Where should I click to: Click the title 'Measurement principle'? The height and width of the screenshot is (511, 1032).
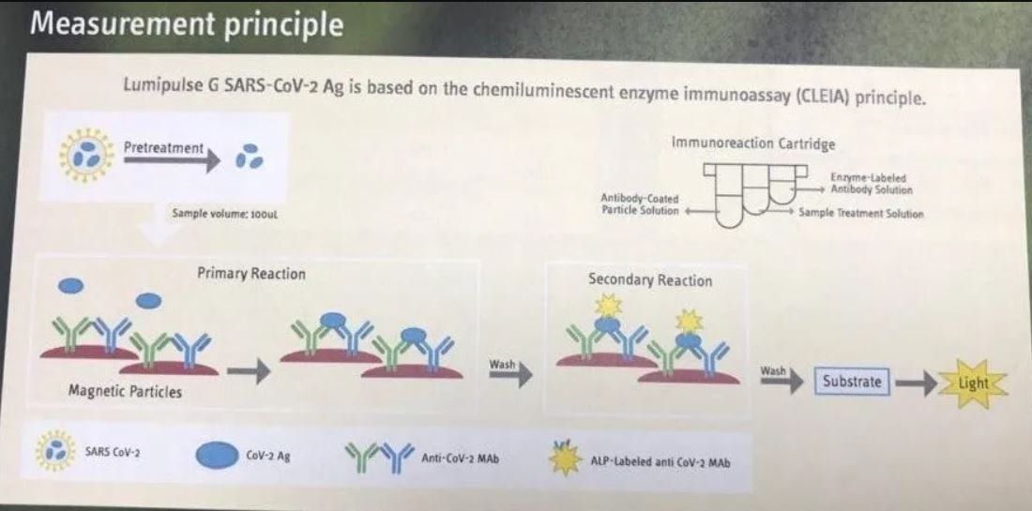pos(187,24)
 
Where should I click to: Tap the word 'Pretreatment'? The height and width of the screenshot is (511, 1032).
pos(164,148)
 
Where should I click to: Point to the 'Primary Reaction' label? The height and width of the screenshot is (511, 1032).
pos(251,273)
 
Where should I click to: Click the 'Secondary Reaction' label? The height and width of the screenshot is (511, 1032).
pos(649,280)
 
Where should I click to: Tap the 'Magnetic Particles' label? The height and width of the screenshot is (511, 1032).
pos(125,392)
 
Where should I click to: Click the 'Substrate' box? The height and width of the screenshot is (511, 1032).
pos(852,382)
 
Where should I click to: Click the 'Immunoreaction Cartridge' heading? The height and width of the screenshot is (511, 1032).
pos(753,143)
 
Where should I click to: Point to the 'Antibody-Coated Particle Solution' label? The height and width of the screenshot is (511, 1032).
pos(639,203)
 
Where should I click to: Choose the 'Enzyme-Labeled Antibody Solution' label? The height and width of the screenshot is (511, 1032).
pos(872,184)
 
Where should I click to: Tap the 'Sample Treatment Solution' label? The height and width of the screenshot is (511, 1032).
pos(861,214)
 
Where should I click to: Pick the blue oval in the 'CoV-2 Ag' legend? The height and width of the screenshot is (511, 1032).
pos(217,456)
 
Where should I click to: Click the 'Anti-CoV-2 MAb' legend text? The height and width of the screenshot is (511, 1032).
pos(460,458)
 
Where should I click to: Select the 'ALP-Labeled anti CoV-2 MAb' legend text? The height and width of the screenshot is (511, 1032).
pos(660,461)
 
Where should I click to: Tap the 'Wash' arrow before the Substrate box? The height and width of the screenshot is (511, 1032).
pos(782,378)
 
